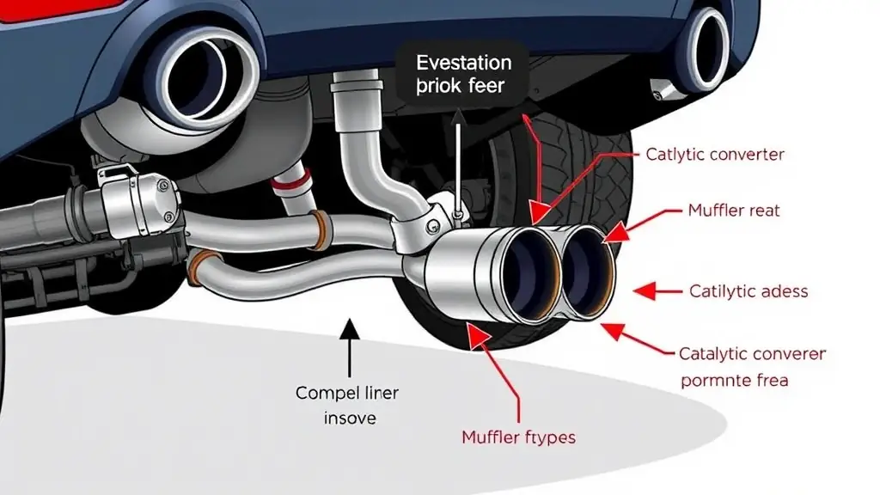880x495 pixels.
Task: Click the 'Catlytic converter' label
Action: (x=714, y=155)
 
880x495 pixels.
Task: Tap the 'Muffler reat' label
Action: (x=734, y=209)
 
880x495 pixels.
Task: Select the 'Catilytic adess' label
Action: (x=749, y=291)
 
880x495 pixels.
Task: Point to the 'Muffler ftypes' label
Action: (x=518, y=437)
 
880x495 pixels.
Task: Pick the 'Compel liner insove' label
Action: (x=347, y=406)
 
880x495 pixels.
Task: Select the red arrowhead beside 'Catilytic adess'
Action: (x=643, y=291)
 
